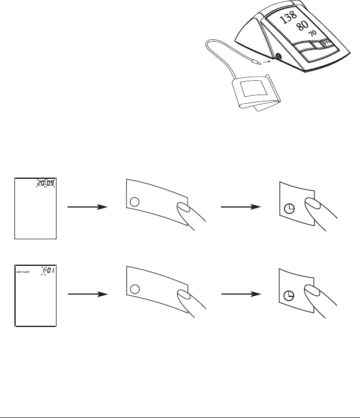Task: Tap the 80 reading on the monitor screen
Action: [302, 26]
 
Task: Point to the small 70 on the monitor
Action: [312, 34]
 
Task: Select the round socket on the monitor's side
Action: [278, 57]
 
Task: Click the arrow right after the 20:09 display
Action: [88, 206]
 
